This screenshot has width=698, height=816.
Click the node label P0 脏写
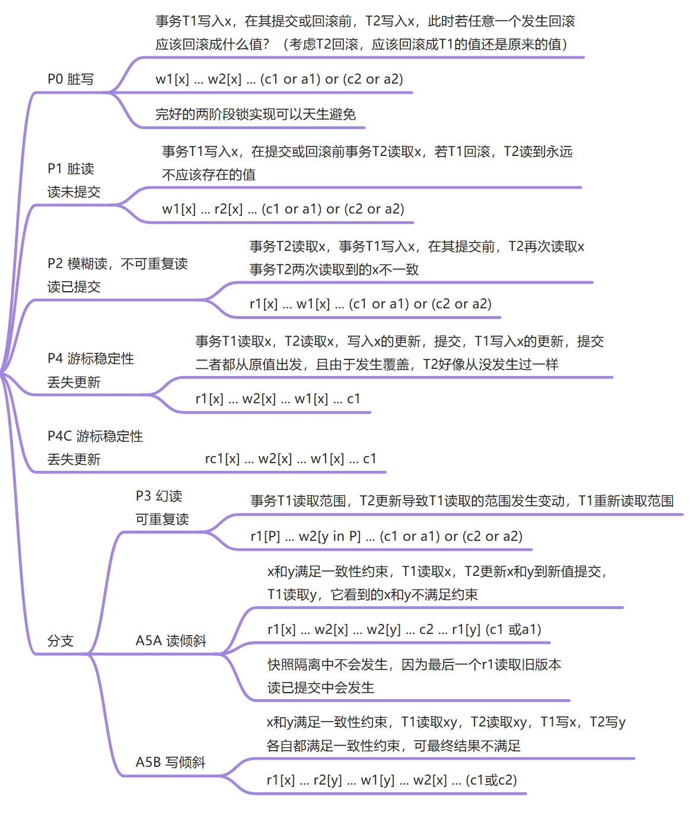(71, 79)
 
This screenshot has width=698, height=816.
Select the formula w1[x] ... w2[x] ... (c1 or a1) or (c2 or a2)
(279, 79)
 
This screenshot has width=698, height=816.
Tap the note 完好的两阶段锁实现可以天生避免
(255, 114)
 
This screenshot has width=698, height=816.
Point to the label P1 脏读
(71, 169)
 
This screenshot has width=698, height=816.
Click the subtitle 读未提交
(74, 192)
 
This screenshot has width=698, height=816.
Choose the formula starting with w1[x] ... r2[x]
(283, 209)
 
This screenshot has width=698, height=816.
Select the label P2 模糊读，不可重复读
(117, 264)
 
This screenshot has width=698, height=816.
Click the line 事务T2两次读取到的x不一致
(334, 270)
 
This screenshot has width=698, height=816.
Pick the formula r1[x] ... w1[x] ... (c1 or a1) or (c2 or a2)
(370, 304)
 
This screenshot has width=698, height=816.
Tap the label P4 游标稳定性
(91, 359)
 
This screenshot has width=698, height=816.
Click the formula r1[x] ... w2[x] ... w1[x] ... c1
(278, 399)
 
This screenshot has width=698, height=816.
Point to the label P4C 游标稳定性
(95, 436)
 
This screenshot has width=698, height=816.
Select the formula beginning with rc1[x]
(290, 459)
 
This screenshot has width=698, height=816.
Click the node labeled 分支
(60, 641)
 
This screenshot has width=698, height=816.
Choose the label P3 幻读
(158, 496)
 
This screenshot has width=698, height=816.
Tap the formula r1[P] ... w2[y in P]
(386, 537)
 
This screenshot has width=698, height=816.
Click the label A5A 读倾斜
(171, 641)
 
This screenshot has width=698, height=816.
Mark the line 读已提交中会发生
(320, 688)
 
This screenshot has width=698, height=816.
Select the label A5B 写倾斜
(170, 763)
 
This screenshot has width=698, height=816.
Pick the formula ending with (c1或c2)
(391, 780)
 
